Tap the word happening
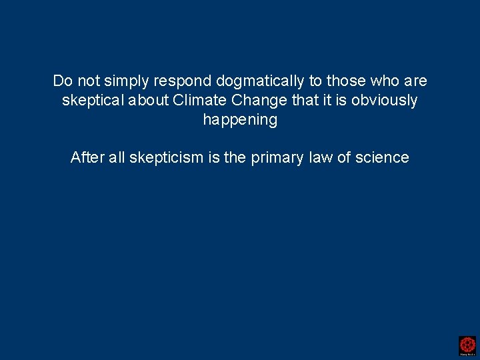click(240, 120)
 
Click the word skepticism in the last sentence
click(166, 158)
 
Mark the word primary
click(275, 158)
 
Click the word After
click(87, 158)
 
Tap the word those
click(344, 81)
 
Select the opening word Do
click(62, 81)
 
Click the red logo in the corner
click(467, 345)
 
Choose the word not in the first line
click(88, 81)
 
